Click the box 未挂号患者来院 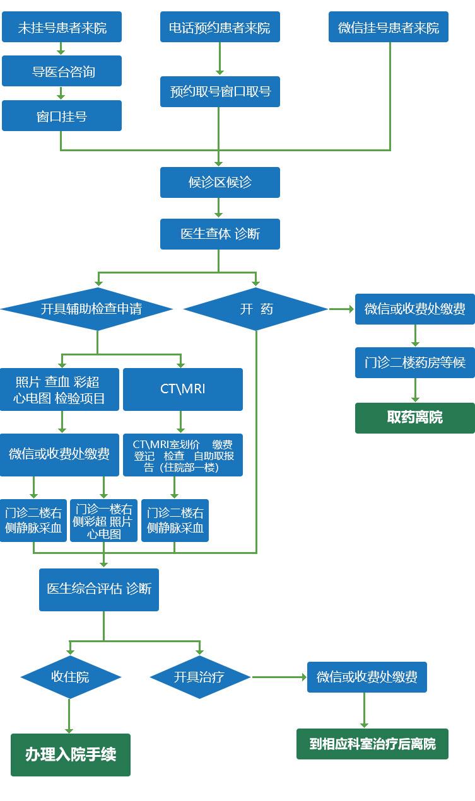click(61, 27)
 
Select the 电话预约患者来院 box click(220, 27)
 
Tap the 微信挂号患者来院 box click(388, 27)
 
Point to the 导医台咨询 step click(61, 71)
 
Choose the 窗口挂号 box click(61, 116)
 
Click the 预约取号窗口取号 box click(220, 91)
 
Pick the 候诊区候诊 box click(220, 182)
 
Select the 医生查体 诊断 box click(220, 234)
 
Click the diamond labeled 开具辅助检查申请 click(87, 309)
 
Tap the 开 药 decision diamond click(255, 309)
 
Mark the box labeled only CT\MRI click(182, 389)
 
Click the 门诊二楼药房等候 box click(414, 362)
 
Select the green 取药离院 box click(414, 417)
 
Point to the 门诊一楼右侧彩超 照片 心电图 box click(103, 521)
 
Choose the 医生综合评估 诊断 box click(98, 589)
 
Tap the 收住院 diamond click(70, 677)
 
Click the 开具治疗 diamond click(199, 677)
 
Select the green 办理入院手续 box click(70, 754)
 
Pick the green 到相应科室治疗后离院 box click(372, 744)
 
